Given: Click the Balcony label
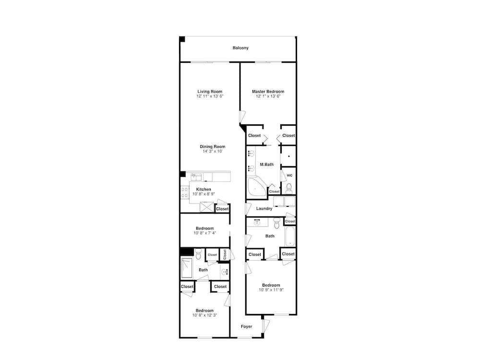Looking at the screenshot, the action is coord(240,48).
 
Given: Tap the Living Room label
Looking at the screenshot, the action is coord(210,91).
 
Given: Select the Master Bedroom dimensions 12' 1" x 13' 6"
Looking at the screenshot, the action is coord(268,96).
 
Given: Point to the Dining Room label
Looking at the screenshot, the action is coord(213,146).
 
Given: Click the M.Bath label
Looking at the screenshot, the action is coord(266,164).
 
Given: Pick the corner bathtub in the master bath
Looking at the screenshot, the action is coord(256,187).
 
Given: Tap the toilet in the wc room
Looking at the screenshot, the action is coord(289,188).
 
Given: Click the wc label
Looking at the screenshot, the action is coord(289,175).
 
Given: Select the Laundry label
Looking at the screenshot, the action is coord(264,208).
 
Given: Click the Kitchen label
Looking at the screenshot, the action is coord(204,189).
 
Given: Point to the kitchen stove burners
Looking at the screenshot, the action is coord(185,192).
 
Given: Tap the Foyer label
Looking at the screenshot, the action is coord(246,326).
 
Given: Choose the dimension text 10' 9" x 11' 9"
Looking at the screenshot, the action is coord(271,290).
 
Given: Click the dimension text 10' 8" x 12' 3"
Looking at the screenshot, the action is coord(204,315).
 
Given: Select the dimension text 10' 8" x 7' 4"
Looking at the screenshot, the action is coord(205,233).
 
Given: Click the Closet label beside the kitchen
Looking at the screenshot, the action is coord(222,209).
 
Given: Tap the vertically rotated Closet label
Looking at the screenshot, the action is coord(225,254).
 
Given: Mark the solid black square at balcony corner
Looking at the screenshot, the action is coord(182,39).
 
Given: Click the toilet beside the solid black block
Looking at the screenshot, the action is coord(198,254).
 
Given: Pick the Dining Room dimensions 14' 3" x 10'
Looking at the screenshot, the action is coord(213,151).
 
